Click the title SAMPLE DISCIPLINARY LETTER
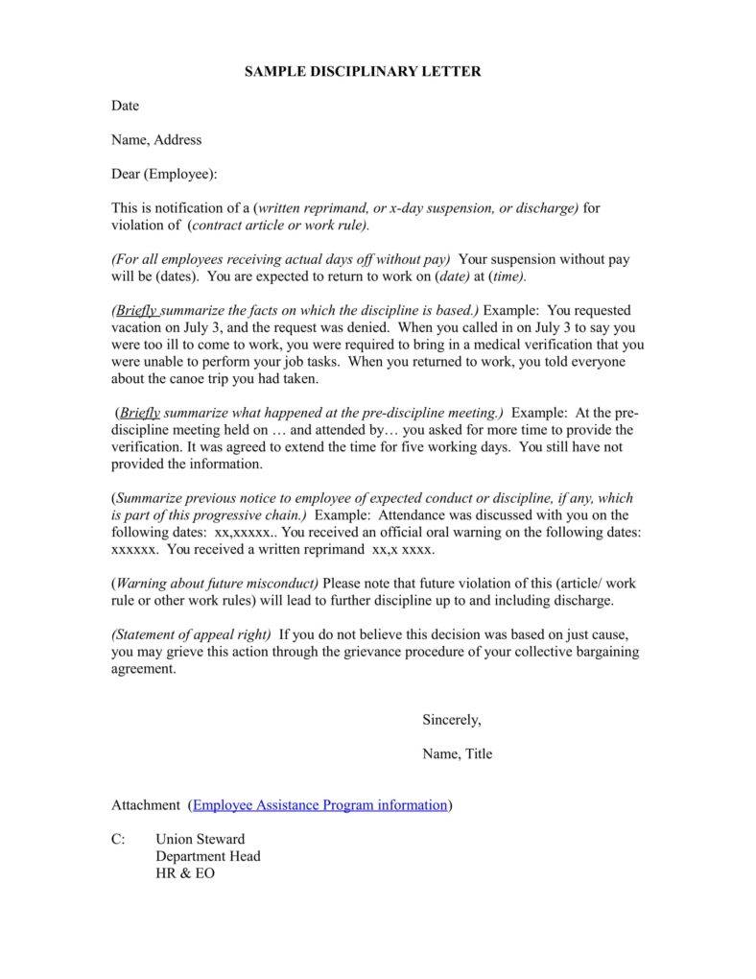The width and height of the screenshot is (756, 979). click(x=363, y=71)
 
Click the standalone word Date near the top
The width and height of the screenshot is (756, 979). click(x=125, y=105)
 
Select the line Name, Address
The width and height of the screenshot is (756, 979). click(x=156, y=139)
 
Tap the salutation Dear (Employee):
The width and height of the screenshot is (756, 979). click(x=164, y=174)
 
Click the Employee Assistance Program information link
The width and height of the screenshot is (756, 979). click(x=320, y=804)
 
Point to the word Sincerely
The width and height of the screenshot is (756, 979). click(x=451, y=719)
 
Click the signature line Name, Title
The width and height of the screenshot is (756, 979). click(x=457, y=753)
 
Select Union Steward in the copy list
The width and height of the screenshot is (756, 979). click(x=200, y=839)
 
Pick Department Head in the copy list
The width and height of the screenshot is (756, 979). click(x=207, y=856)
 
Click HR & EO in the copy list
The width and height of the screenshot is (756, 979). click(x=185, y=873)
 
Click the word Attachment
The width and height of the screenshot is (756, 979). click(x=145, y=804)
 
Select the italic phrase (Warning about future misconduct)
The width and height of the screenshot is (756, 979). click(x=217, y=583)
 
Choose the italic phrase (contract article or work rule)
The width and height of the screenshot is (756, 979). click(x=278, y=225)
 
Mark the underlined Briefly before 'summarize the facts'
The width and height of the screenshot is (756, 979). click(x=138, y=310)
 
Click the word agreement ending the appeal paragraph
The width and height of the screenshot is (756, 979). click(x=144, y=669)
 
